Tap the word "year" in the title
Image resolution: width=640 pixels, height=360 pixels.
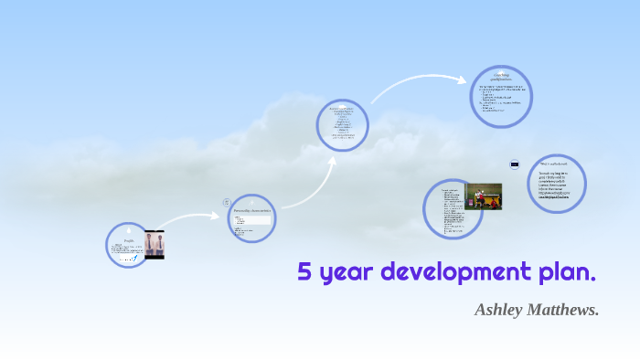coord(345,273)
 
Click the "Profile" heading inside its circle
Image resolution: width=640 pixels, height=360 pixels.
coord(129,240)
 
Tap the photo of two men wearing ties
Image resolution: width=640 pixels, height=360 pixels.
coord(154,245)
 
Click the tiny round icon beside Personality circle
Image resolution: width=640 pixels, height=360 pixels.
coord(227,202)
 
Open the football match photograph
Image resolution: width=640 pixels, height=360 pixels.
coord(483,196)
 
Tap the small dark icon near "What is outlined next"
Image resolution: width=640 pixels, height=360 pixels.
coord(515,164)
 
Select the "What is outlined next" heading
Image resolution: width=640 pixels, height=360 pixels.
coord(552,164)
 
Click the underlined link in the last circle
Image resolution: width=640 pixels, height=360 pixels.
coord(553,197)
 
